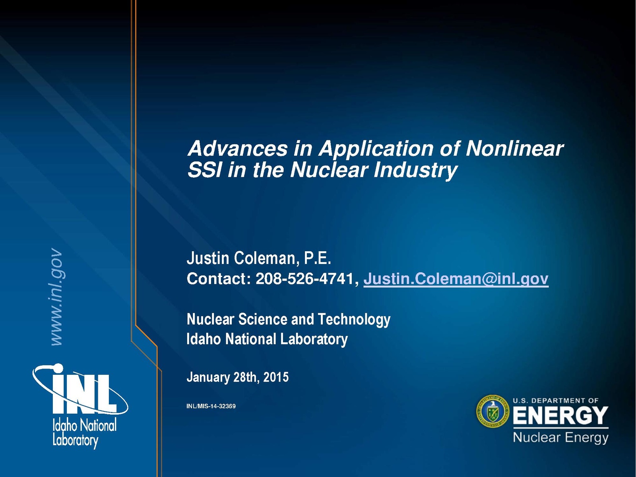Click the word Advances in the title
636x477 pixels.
tap(238, 148)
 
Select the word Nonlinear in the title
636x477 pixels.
tap(514, 148)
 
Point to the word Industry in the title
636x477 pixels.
tap(415, 171)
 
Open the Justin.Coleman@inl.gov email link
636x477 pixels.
tap(456, 279)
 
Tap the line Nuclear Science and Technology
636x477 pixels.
tap(289, 320)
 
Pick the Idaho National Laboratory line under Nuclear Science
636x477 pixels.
tap(267, 339)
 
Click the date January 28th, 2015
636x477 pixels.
tap(238, 377)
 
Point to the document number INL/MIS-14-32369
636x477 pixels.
tap(211, 406)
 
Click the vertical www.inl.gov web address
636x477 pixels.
tap(57, 297)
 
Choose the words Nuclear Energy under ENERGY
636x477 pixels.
tap(560, 438)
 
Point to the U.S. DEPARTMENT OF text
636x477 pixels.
tap(555, 401)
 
